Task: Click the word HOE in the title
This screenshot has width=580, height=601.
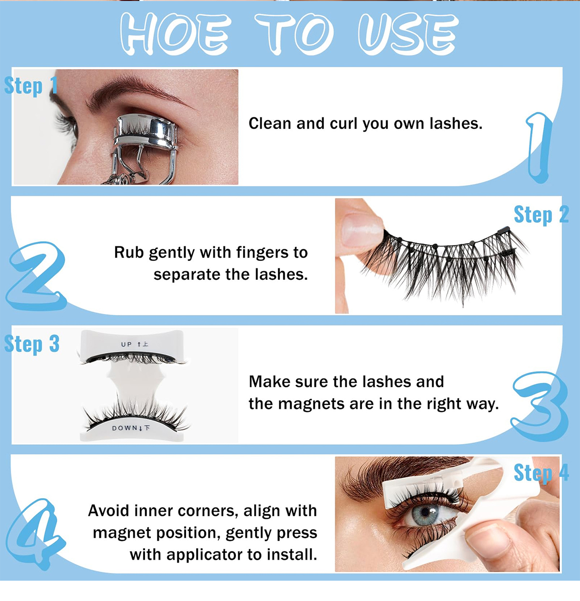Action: coord(175,34)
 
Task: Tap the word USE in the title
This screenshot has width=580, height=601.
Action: coord(408,34)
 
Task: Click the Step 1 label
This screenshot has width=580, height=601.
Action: coord(31,86)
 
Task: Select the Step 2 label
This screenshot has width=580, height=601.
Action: coord(541,215)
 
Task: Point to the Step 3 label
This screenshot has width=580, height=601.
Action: coord(31,344)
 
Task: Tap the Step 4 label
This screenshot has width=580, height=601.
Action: coord(541,473)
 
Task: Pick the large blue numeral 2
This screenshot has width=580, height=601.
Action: coord(36,276)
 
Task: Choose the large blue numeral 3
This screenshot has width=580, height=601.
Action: coord(540,406)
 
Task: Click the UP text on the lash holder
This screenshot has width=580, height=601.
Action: coord(126,344)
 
